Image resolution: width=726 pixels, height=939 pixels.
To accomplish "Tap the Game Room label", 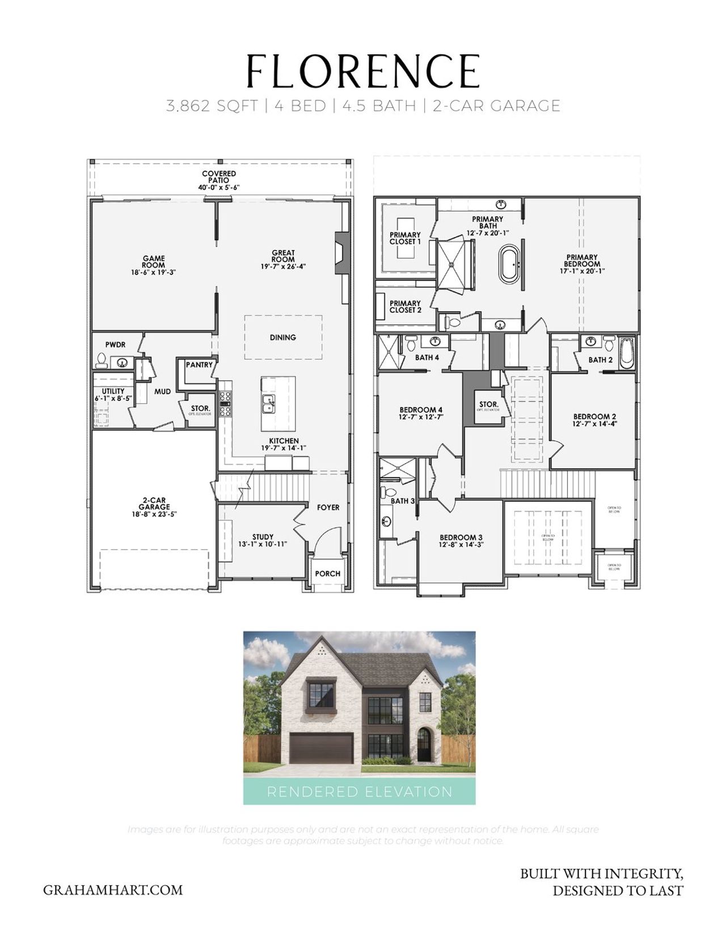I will pyautogui.click(x=154, y=261).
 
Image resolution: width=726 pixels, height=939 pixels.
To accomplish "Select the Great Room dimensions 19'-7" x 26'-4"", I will pyautogui.click(x=283, y=267).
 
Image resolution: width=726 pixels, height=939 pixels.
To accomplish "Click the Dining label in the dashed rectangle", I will pyautogui.click(x=283, y=337).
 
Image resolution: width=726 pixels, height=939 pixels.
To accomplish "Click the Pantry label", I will pyautogui.click(x=199, y=365).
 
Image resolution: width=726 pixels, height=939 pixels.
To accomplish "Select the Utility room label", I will pyautogui.click(x=113, y=391).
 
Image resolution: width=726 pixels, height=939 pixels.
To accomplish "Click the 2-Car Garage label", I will pyautogui.click(x=154, y=504).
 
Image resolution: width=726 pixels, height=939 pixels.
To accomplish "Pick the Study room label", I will pyautogui.click(x=263, y=536).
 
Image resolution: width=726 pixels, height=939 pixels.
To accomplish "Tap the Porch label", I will pyautogui.click(x=327, y=573).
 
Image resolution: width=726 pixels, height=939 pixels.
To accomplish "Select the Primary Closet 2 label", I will pyautogui.click(x=405, y=307).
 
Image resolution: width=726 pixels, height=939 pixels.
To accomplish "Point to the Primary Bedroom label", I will pyautogui.click(x=582, y=261).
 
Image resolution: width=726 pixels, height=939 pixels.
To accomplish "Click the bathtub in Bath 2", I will pyautogui.click(x=626, y=353).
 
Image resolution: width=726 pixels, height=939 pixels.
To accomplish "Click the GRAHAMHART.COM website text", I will pyautogui.click(x=113, y=890).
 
